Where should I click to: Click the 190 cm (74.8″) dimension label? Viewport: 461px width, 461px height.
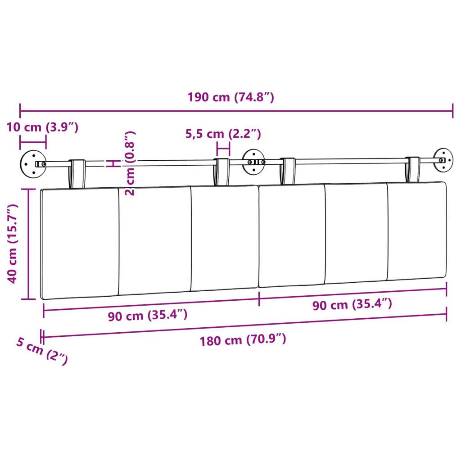(x=231, y=97)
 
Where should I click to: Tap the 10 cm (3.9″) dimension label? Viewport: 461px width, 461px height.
(x=42, y=127)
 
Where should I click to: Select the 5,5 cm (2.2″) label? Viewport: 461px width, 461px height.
(x=223, y=134)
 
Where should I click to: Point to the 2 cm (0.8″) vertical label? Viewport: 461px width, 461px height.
(x=130, y=163)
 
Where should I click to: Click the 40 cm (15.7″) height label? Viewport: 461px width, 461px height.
(x=13, y=244)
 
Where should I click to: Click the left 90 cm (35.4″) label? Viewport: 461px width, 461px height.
(x=148, y=316)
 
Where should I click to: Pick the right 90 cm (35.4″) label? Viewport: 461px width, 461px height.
(x=352, y=304)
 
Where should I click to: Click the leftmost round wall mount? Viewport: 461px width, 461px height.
(x=33, y=164)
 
